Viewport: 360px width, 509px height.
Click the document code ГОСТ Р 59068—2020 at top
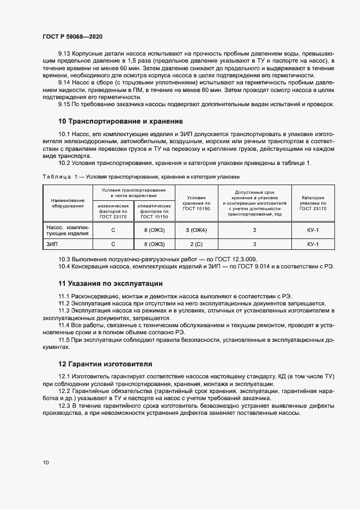72,36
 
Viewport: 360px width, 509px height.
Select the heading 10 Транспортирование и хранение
120,121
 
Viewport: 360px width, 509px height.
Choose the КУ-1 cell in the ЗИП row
313,244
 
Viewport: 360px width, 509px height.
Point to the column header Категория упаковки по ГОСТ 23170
313,203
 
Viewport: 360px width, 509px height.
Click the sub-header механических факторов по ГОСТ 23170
113,211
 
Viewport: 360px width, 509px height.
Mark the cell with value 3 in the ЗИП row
255,244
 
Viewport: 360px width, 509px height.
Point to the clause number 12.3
64,406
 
